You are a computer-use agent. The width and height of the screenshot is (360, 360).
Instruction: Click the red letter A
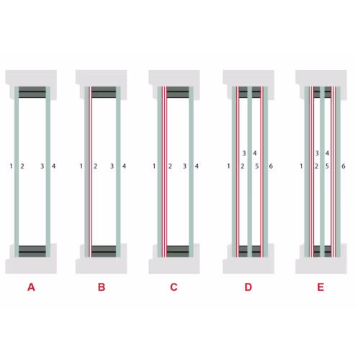coord(31,287)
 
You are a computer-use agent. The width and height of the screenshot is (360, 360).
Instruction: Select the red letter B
coord(102,287)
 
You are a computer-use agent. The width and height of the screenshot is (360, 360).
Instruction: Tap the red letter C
coord(174,287)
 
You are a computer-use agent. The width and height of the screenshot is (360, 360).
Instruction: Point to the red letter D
coord(248,287)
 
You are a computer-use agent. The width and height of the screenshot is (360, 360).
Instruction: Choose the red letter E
coord(320,287)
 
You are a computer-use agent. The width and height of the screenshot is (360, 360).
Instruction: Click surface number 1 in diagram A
coord(11,166)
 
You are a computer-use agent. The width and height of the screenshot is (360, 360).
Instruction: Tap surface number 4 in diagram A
coord(53,166)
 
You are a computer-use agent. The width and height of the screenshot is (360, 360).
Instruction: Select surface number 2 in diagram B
coord(95,166)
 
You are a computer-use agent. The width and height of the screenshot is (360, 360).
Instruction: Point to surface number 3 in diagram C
coord(184,166)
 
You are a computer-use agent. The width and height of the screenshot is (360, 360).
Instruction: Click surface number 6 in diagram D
coord(271,166)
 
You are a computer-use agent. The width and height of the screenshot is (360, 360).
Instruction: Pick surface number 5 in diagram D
coord(257,166)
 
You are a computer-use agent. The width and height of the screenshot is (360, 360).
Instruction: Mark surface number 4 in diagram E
coord(327,153)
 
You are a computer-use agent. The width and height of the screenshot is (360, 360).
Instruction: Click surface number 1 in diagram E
coord(301,166)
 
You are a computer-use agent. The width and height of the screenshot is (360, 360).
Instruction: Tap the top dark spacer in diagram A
coord(32,92)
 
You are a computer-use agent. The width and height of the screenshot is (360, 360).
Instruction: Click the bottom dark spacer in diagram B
coord(104,251)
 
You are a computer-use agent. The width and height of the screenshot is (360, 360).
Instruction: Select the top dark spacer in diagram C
coord(178,92)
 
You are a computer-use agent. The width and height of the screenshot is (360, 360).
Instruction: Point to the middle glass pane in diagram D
coord(250,171)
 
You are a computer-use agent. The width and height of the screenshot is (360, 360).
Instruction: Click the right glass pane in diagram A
coord(48,171)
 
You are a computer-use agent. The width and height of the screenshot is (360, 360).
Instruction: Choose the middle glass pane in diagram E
coord(323,171)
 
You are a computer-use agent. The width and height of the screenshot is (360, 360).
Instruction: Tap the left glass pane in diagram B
coord(86,171)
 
